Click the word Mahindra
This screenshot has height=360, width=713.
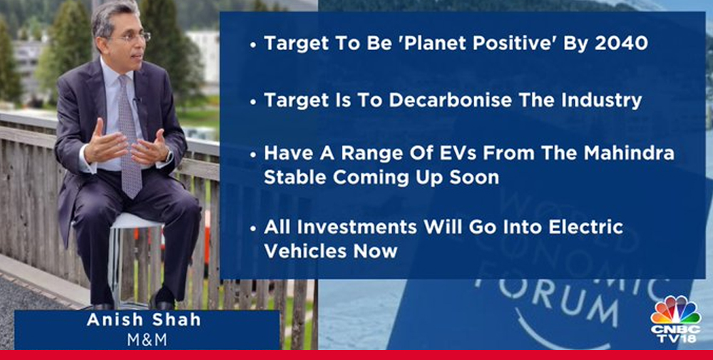[629, 153]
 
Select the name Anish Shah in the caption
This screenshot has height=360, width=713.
[144, 319]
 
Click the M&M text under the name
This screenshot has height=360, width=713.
[147, 339]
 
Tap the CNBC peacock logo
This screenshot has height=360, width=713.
[675, 310]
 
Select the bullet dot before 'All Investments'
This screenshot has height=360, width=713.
[253, 228]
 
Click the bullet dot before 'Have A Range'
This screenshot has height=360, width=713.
[253, 154]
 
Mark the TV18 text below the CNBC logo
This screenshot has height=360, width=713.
[675, 338]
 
